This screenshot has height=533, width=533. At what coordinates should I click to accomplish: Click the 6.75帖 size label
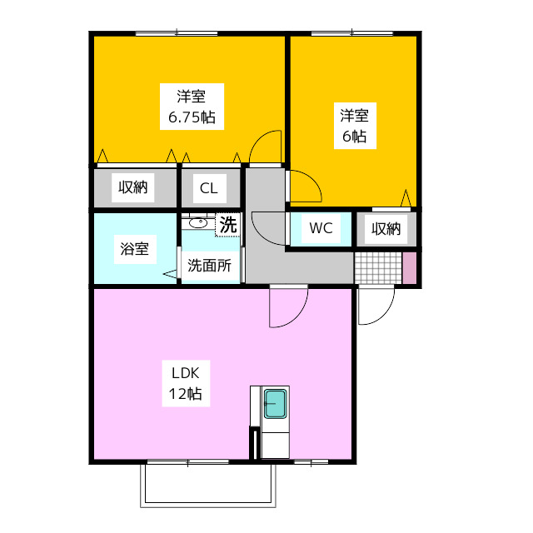pos(191,117)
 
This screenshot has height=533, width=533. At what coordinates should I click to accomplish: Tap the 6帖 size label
pos(354,137)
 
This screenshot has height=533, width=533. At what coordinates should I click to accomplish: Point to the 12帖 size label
pos(186,394)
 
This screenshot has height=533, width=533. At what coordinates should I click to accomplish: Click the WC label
pos(321,228)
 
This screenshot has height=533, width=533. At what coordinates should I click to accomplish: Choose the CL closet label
pos(208,188)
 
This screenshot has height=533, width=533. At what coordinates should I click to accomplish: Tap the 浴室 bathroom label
pos(135,249)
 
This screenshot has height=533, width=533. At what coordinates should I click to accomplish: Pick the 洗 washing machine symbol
pos(227,224)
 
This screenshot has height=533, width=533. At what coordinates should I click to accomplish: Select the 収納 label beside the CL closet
pos(132,187)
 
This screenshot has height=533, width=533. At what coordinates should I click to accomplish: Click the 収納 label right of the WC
pos(386,228)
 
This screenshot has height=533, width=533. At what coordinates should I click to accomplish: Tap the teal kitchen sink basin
pos(275,405)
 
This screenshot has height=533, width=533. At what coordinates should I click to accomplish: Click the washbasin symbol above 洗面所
pos(197,222)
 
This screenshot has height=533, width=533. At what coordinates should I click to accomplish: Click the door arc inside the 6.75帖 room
pos(266,148)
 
